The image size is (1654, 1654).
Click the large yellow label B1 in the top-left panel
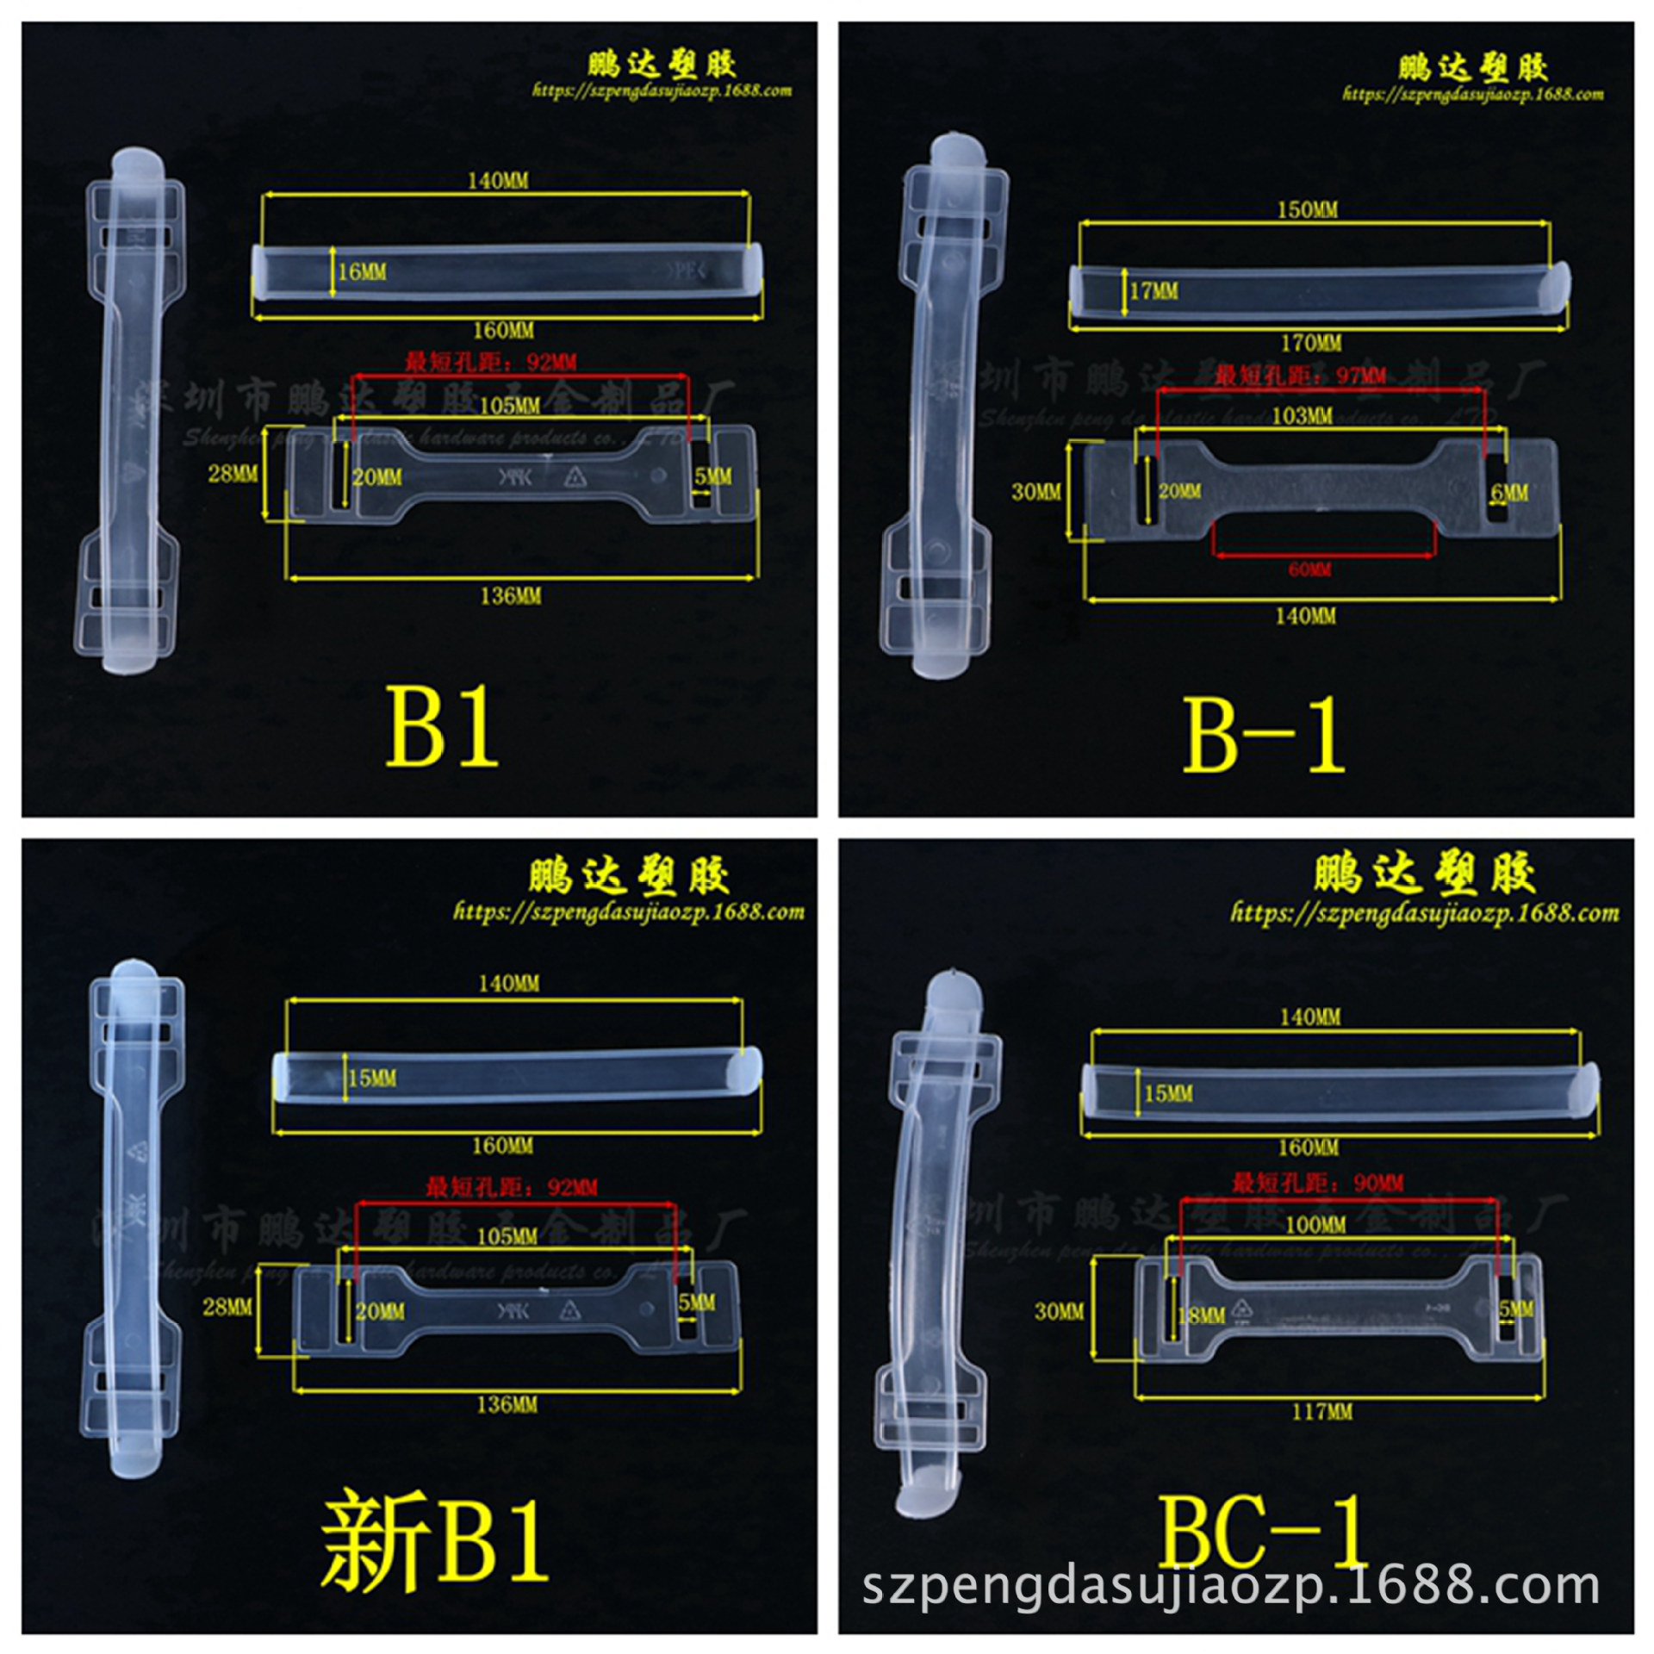(442, 726)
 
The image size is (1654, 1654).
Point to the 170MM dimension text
(1310, 344)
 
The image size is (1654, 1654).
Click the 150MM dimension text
(1307, 210)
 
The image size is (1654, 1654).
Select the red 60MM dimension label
(1309, 569)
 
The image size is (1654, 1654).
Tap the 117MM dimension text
(1321, 1412)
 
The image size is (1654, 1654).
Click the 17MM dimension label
(1153, 291)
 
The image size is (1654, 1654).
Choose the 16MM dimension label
(362, 272)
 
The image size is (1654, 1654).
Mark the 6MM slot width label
(1509, 493)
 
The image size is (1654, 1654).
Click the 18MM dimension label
(1201, 1315)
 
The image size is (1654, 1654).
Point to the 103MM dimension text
(1302, 417)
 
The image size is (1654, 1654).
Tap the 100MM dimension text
(1315, 1224)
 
